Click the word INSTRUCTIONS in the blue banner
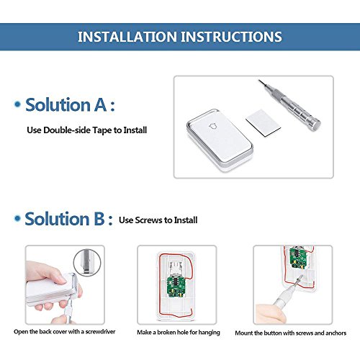tap(231, 37)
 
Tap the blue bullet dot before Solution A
tap(17, 104)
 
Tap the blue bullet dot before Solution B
tap(17, 219)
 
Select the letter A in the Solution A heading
tap(100, 105)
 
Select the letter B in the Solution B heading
tap(99, 219)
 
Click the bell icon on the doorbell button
tap(213, 126)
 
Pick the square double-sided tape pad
tap(263, 122)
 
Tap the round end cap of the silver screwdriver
tap(315, 125)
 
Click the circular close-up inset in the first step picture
tap(87, 262)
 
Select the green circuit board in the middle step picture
tap(176, 287)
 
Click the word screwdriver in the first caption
tap(100, 332)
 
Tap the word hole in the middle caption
tap(182, 333)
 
